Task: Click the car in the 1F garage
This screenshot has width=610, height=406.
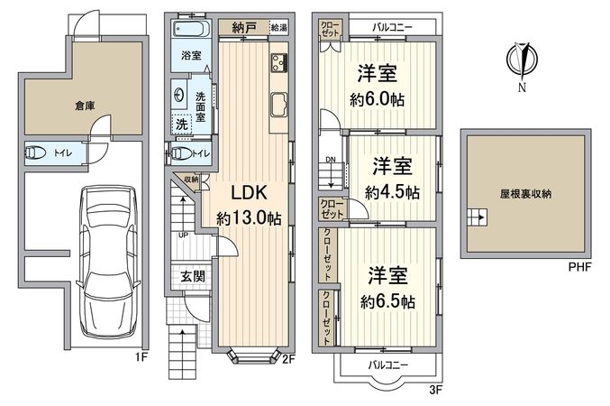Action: (108, 263)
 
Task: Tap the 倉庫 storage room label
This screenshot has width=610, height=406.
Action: (85, 106)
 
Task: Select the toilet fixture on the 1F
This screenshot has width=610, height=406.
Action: (36, 152)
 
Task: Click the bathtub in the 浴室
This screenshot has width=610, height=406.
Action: (191, 28)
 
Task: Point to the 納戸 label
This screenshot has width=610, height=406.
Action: (244, 28)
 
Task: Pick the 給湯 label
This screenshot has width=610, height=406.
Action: (279, 28)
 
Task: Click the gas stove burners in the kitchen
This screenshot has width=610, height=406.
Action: (279, 63)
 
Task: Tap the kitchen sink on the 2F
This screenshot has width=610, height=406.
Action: (279, 105)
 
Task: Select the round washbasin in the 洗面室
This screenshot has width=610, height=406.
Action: (179, 95)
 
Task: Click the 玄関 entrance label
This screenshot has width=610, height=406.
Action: (193, 276)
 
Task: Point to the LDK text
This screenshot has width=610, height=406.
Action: (250, 192)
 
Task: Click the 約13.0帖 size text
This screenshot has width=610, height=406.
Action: (249, 218)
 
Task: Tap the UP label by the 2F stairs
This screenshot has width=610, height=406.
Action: (183, 235)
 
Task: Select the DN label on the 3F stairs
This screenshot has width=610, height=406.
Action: (331, 160)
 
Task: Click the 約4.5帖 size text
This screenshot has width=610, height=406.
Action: (392, 192)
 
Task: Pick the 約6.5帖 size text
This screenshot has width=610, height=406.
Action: (387, 301)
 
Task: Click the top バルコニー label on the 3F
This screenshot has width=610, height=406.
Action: (392, 27)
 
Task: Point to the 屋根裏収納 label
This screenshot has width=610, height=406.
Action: (525, 194)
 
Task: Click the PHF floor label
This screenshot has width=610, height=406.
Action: (579, 267)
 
